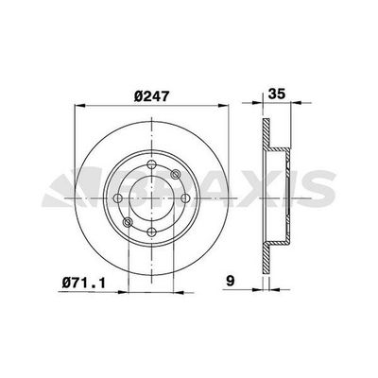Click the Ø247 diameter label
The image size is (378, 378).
tap(150, 95)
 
